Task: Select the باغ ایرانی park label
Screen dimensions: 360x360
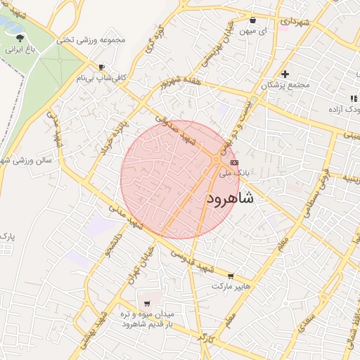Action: coord(19,50)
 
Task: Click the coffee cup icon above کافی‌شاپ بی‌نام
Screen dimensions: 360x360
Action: coord(102,67)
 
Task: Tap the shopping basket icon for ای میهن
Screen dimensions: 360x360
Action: coord(253,20)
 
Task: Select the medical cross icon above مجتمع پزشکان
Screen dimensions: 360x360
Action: coord(285,74)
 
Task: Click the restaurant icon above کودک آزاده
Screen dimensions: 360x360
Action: coord(352,98)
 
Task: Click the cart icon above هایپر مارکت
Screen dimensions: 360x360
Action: coord(231,276)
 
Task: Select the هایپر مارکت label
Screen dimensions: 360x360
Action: coord(231,287)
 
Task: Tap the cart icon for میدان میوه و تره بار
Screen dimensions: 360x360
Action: coord(146,304)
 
